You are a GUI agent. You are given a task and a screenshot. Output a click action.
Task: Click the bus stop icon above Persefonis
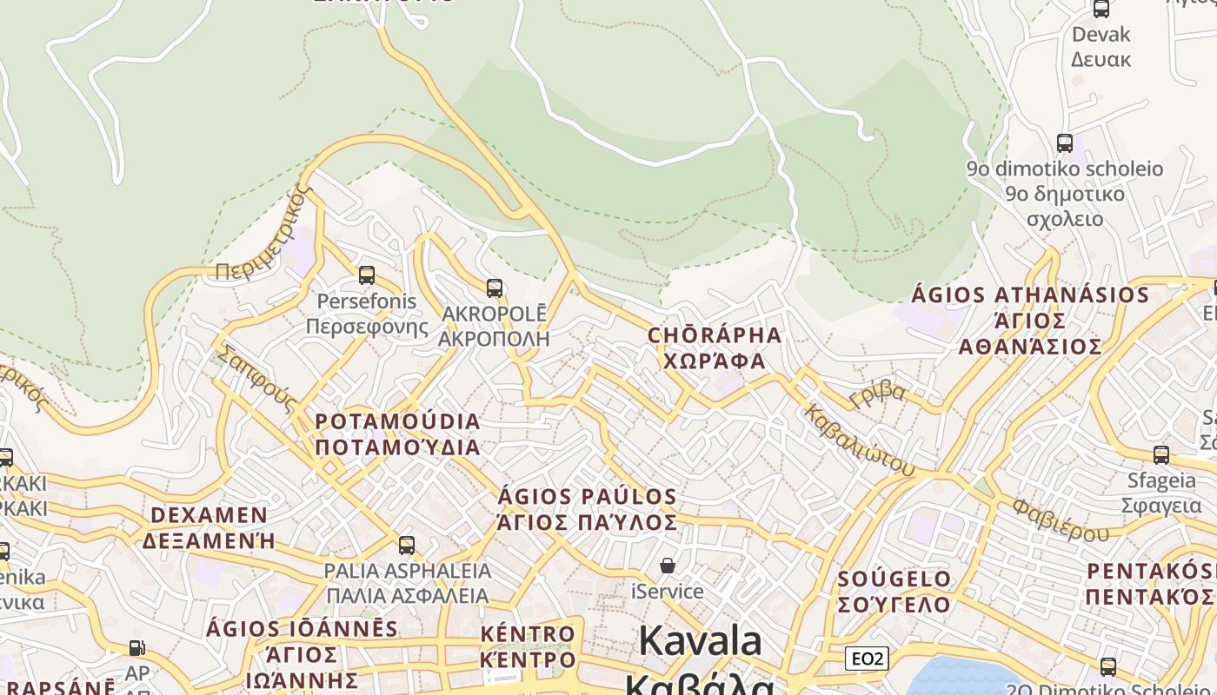(367, 275)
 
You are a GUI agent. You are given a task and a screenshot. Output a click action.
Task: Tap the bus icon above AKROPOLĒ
(495, 288)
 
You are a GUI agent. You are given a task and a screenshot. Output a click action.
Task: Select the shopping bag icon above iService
(668, 566)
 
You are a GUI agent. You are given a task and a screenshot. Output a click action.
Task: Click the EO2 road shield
(867, 659)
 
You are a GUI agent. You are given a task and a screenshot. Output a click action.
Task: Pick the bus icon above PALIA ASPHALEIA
(407, 546)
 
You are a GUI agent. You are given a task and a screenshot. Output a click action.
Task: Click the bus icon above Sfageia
(1160, 454)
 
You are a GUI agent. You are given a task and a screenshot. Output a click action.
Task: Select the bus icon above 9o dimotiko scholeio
(1064, 143)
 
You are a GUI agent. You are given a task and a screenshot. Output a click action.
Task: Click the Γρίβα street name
(878, 395)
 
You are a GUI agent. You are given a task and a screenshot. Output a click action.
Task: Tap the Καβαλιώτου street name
(859, 440)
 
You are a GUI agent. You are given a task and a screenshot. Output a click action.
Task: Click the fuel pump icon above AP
(136, 648)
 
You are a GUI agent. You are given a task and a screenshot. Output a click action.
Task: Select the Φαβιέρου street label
(1061, 519)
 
